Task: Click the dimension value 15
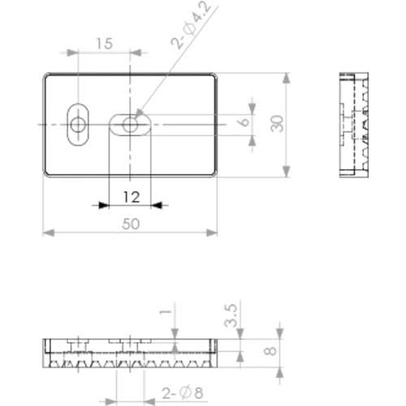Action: [105, 44]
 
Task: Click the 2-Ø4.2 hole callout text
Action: [192, 25]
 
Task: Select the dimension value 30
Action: [277, 124]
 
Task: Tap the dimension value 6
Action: [244, 123]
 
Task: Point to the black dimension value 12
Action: [132, 197]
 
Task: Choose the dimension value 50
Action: [131, 224]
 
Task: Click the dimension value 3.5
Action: [231, 316]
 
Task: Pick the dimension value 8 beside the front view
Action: [270, 351]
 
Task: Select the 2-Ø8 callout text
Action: [183, 393]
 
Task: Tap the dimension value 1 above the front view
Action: [166, 312]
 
